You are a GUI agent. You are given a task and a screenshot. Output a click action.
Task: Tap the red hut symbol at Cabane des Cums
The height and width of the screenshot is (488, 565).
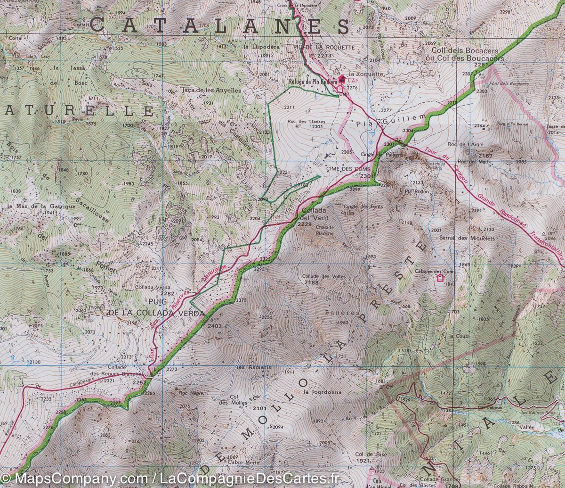click(440, 278)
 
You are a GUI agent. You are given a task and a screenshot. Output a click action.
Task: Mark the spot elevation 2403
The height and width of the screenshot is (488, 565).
click(214, 325)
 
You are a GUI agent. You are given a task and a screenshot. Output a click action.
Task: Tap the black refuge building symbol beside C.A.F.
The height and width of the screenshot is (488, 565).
click(341, 79)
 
